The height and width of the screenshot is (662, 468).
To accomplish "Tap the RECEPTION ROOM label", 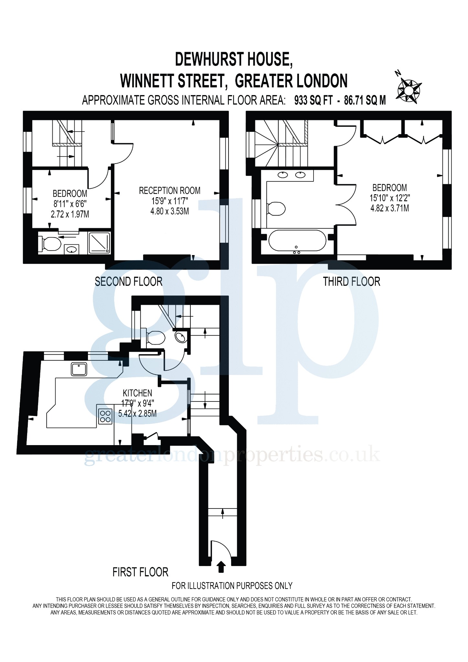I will click(x=169, y=191).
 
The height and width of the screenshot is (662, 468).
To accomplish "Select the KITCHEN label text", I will click(x=137, y=393).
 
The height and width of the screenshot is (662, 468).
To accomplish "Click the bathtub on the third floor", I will click(x=297, y=240).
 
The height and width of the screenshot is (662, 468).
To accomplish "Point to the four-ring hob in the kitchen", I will click(x=105, y=416).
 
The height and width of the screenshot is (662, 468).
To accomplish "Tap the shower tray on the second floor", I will click(x=99, y=242).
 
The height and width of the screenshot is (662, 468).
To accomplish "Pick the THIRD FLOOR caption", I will click(x=351, y=282).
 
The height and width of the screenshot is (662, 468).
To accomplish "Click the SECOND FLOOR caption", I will click(x=129, y=282).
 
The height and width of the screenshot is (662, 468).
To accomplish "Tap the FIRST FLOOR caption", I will click(x=140, y=572).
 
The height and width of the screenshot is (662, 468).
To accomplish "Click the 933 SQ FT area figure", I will click(x=313, y=101).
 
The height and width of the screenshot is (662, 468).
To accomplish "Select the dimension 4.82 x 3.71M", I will click(x=389, y=208).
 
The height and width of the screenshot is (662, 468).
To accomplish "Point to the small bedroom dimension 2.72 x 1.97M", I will click(x=70, y=214).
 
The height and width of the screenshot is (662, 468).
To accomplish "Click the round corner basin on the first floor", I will click(x=181, y=337).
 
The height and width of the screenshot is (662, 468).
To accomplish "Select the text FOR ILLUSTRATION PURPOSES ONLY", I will click(x=232, y=586).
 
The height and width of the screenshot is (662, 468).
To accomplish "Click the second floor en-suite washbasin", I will click(x=71, y=249).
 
